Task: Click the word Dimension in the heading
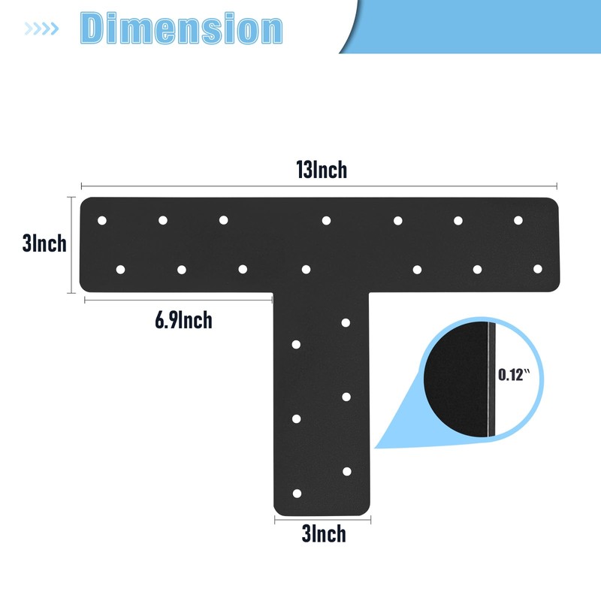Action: click(181, 29)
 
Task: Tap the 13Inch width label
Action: click(322, 170)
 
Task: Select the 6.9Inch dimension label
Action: click(183, 321)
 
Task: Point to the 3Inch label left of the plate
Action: click(44, 244)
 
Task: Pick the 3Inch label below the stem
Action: click(323, 534)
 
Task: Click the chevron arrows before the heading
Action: click(42, 29)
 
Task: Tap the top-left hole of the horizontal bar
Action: click(102, 220)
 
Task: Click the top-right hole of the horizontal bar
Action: click(518, 220)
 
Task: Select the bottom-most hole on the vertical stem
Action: click(297, 494)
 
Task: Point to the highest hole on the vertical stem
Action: click(346, 323)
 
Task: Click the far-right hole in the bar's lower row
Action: click(537, 268)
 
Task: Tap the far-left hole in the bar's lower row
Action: click(120, 268)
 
